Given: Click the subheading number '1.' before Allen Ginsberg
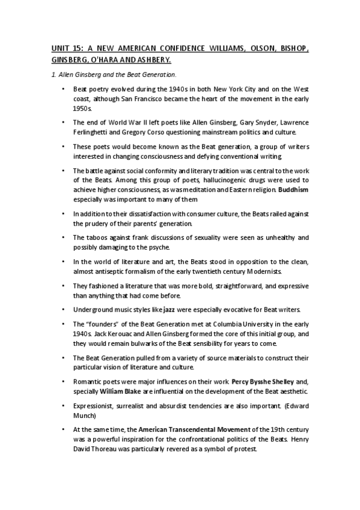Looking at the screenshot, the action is coord(52,75).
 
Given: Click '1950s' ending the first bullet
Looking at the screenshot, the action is coord(82,108).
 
